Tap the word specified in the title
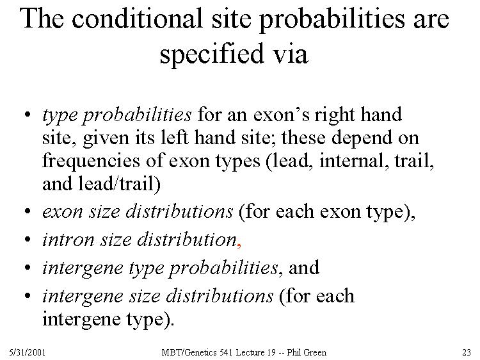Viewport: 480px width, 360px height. coord(212,54)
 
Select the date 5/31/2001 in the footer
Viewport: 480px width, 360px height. coord(28,352)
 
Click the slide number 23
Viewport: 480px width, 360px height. coord(466,352)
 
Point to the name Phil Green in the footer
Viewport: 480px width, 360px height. coord(307,352)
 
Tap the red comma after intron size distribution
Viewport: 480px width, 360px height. coord(239,245)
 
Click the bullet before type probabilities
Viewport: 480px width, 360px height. coord(28,115)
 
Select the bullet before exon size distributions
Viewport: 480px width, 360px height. coord(28,211)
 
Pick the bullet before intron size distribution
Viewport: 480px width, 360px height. coord(28,240)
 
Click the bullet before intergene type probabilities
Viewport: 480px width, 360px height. coord(28,268)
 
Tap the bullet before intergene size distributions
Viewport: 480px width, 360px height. coord(28,296)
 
